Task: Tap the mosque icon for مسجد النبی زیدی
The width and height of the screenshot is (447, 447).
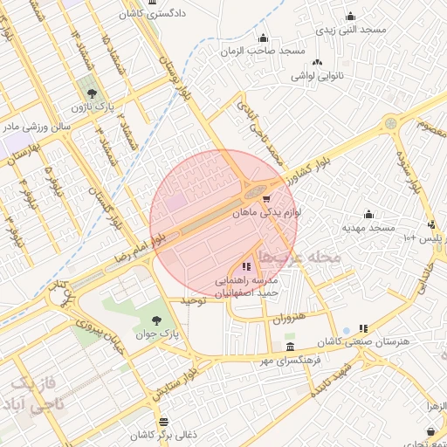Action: point(351,16)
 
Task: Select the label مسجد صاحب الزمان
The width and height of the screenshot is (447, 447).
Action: point(263,51)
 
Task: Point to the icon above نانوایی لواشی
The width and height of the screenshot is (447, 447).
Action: point(316,62)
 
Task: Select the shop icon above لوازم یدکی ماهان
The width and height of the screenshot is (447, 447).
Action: point(266,199)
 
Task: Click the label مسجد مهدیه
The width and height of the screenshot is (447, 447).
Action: point(368,228)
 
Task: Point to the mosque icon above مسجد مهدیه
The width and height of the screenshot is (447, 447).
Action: point(368,214)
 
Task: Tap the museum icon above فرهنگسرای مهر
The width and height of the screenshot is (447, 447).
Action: point(291,346)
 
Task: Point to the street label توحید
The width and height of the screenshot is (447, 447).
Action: point(192,299)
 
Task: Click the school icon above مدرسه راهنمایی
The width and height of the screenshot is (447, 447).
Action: point(246,265)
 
